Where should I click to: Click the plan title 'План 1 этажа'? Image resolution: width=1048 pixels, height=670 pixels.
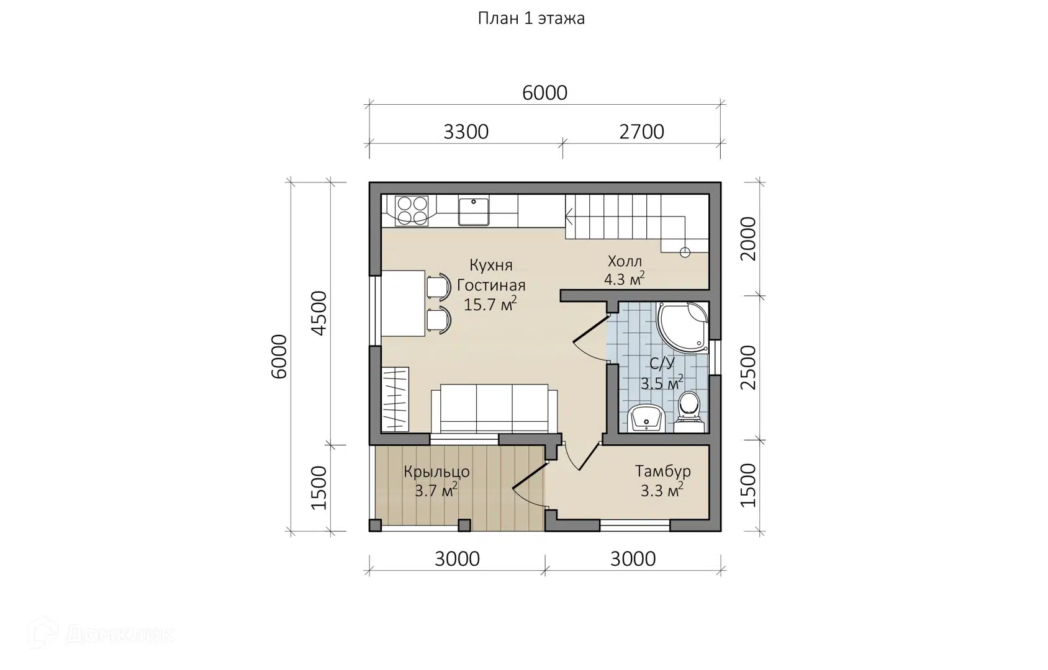click(x=531, y=19)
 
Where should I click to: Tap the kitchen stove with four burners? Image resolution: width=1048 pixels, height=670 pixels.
click(x=412, y=211)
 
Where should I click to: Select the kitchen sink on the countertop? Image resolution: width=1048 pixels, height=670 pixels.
click(x=474, y=212)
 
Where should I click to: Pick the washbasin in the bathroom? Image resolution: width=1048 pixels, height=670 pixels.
click(x=646, y=418)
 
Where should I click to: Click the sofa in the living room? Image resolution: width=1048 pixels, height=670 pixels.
click(x=494, y=408)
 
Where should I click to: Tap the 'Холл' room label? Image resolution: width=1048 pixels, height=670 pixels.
click(x=625, y=261)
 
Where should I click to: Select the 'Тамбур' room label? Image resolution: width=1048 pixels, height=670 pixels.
click(x=662, y=471)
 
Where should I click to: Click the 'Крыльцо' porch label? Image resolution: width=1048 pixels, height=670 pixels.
click(x=436, y=472)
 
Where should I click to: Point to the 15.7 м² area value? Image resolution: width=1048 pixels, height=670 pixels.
click(x=490, y=305)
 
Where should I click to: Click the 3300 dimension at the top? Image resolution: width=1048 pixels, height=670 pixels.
click(x=466, y=132)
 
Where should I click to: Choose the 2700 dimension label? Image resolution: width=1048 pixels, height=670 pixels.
click(x=641, y=132)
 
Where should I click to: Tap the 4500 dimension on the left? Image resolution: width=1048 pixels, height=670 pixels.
click(x=319, y=313)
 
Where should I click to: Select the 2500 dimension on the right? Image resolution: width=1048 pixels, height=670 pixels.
click(x=748, y=367)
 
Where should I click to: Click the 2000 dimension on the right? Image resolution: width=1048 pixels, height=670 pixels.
click(x=748, y=238)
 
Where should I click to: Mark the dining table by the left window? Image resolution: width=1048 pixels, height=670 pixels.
click(x=404, y=303)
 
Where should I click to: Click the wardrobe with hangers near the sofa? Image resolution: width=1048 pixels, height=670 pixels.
click(x=395, y=400)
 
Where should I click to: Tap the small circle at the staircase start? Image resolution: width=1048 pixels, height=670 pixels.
click(x=685, y=252)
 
